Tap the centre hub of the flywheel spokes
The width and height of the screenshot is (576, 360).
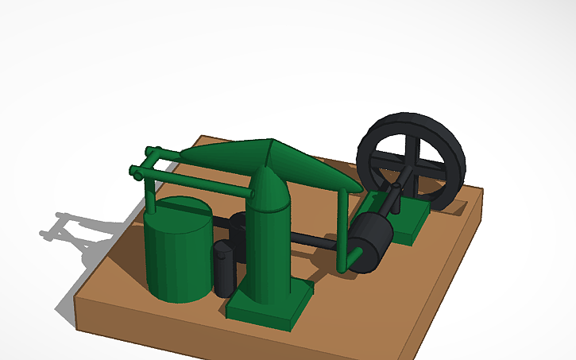point(411,169)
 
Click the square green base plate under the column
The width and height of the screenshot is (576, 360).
point(266,310)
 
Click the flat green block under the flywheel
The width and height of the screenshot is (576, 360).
point(410,219)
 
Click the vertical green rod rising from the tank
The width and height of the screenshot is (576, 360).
point(149,191)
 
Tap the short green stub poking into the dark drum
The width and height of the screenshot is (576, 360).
point(354,255)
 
